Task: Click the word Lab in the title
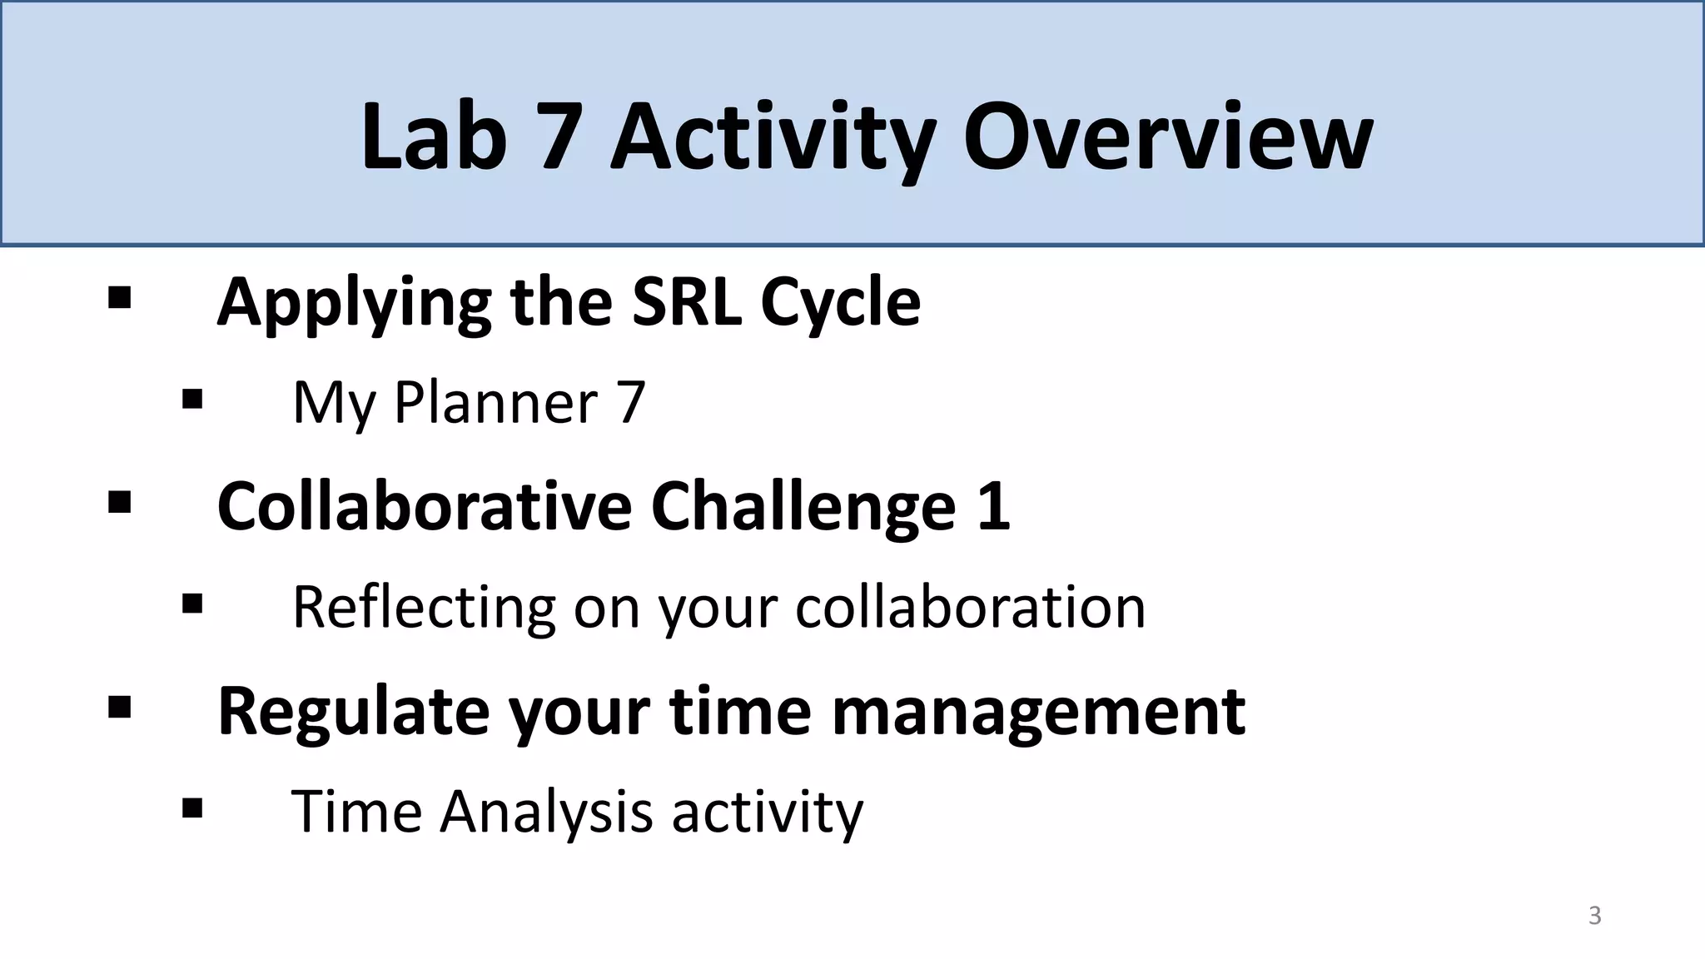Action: [434, 136]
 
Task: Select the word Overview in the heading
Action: [1167, 136]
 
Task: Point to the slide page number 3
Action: [1594, 915]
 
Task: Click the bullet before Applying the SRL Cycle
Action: [119, 298]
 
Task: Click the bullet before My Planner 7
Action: [192, 400]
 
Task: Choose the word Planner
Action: [496, 404]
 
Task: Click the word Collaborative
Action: [425, 506]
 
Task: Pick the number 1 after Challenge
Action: [993, 506]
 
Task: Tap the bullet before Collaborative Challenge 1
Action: [119, 503]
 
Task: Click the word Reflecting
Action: [424, 609]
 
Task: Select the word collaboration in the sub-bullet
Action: [970, 609]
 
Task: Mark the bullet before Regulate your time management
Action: [119, 708]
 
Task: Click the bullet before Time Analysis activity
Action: [192, 808]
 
